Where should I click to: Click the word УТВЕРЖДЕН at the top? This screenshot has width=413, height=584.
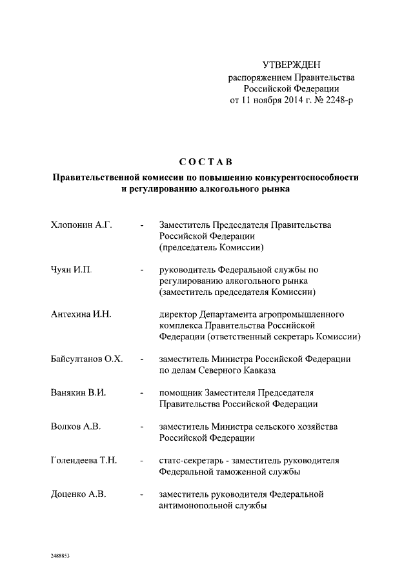point(291,65)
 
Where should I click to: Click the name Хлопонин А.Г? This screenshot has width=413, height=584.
point(81,225)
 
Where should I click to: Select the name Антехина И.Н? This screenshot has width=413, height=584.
point(81,314)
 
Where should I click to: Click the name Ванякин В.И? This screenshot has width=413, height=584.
point(79,392)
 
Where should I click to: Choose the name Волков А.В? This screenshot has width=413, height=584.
point(76,427)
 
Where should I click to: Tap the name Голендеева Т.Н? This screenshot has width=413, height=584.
point(83,461)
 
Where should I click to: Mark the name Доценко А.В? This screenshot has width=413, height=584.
point(78,494)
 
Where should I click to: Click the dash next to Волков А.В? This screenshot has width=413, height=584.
point(141,427)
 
